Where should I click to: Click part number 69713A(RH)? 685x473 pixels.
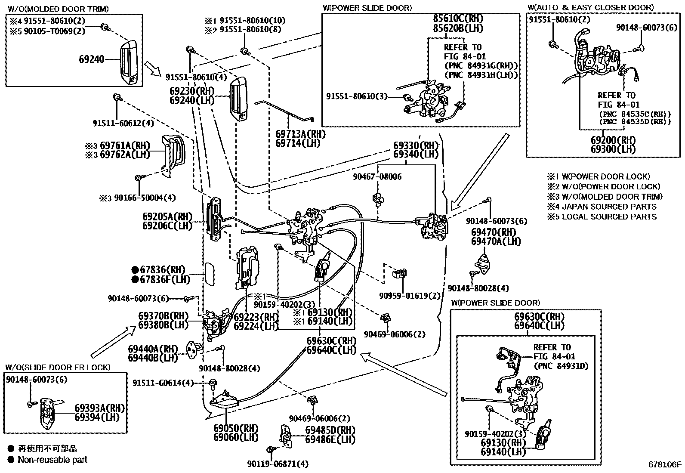point(300,134)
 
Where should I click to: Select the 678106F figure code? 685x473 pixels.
point(665,464)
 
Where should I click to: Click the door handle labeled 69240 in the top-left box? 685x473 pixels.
point(129,63)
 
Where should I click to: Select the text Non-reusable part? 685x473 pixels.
point(52,460)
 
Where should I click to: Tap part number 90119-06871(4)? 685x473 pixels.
point(278,464)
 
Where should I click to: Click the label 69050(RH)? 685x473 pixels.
point(236,428)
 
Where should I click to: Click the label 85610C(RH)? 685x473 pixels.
point(458,19)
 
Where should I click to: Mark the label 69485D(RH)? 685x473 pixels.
point(330,430)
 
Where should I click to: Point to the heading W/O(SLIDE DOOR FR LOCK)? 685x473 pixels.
point(58,367)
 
